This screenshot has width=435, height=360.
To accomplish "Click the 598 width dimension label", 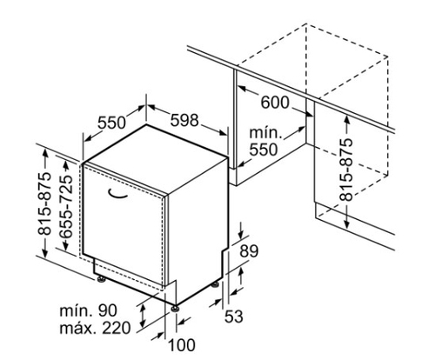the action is [184, 120].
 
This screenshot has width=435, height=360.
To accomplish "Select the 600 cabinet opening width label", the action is [275, 103].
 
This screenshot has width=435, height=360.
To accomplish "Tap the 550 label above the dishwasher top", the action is [111, 123].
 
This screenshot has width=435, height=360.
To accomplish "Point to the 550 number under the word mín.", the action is [264, 150].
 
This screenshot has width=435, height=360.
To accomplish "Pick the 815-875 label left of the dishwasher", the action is [44, 203].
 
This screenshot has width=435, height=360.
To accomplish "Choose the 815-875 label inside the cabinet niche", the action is [346, 170].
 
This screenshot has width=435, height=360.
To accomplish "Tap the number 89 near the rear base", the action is [249, 251].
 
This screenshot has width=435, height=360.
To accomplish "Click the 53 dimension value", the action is [234, 316].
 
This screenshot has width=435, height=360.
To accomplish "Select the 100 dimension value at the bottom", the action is [182, 345].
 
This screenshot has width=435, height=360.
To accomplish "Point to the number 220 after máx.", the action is [117, 328].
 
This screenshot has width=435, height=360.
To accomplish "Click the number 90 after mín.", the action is [108, 310].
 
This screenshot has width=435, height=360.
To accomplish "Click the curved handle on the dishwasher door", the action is [117, 195].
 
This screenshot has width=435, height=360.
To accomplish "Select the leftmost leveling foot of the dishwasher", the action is [101, 279].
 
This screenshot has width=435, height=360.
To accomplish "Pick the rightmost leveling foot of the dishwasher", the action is [215, 284].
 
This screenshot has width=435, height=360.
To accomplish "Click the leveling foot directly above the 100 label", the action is [174, 308].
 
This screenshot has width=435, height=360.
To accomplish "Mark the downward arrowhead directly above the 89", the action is [241, 234].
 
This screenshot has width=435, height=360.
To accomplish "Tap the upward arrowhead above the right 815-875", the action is [346, 120].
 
